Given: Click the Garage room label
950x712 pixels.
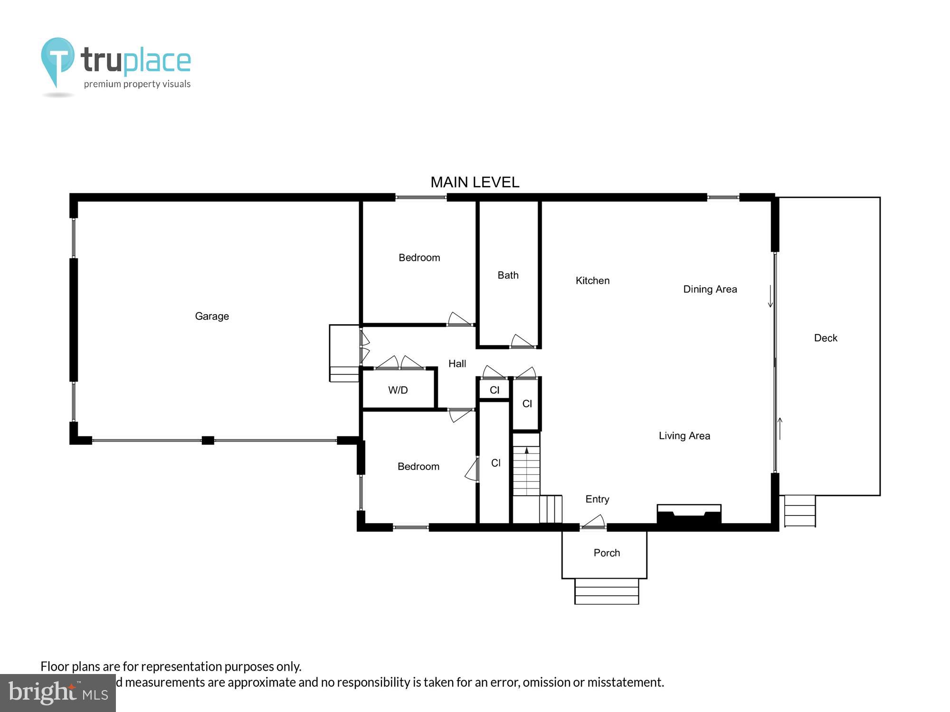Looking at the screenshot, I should [212, 316].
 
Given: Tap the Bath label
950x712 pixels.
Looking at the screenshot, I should [508, 275].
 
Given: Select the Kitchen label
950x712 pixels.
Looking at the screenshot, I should [592, 281].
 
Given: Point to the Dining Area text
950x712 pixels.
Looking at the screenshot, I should [710, 289].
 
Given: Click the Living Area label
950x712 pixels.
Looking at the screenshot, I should [684, 436].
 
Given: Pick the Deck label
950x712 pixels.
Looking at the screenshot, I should [826, 338].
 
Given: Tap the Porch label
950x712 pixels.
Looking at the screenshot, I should [607, 553].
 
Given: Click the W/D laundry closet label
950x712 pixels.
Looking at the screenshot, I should [398, 390].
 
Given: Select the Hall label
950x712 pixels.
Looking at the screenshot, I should [457, 364].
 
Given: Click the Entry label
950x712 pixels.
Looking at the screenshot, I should [597, 499].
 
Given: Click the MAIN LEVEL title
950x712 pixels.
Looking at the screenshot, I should [475, 182].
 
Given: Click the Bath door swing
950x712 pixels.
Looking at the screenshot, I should [522, 341].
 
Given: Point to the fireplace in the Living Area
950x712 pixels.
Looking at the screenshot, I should [689, 515].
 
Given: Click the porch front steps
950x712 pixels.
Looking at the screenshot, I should [607, 591].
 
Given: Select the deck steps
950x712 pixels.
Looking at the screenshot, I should [800, 511].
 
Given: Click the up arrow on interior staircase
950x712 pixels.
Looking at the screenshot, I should [526, 451].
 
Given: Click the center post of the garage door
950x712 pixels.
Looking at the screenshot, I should [208, 440].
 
